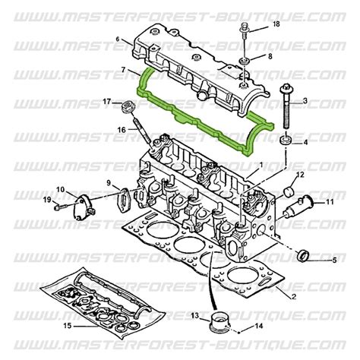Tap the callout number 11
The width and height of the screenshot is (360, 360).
click(x=330, y=202)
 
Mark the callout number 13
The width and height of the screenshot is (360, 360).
click(x=194, y=315)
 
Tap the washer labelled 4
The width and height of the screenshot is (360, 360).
click(x=286, y=142)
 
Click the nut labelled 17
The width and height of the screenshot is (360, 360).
click(x=122, y=104)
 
